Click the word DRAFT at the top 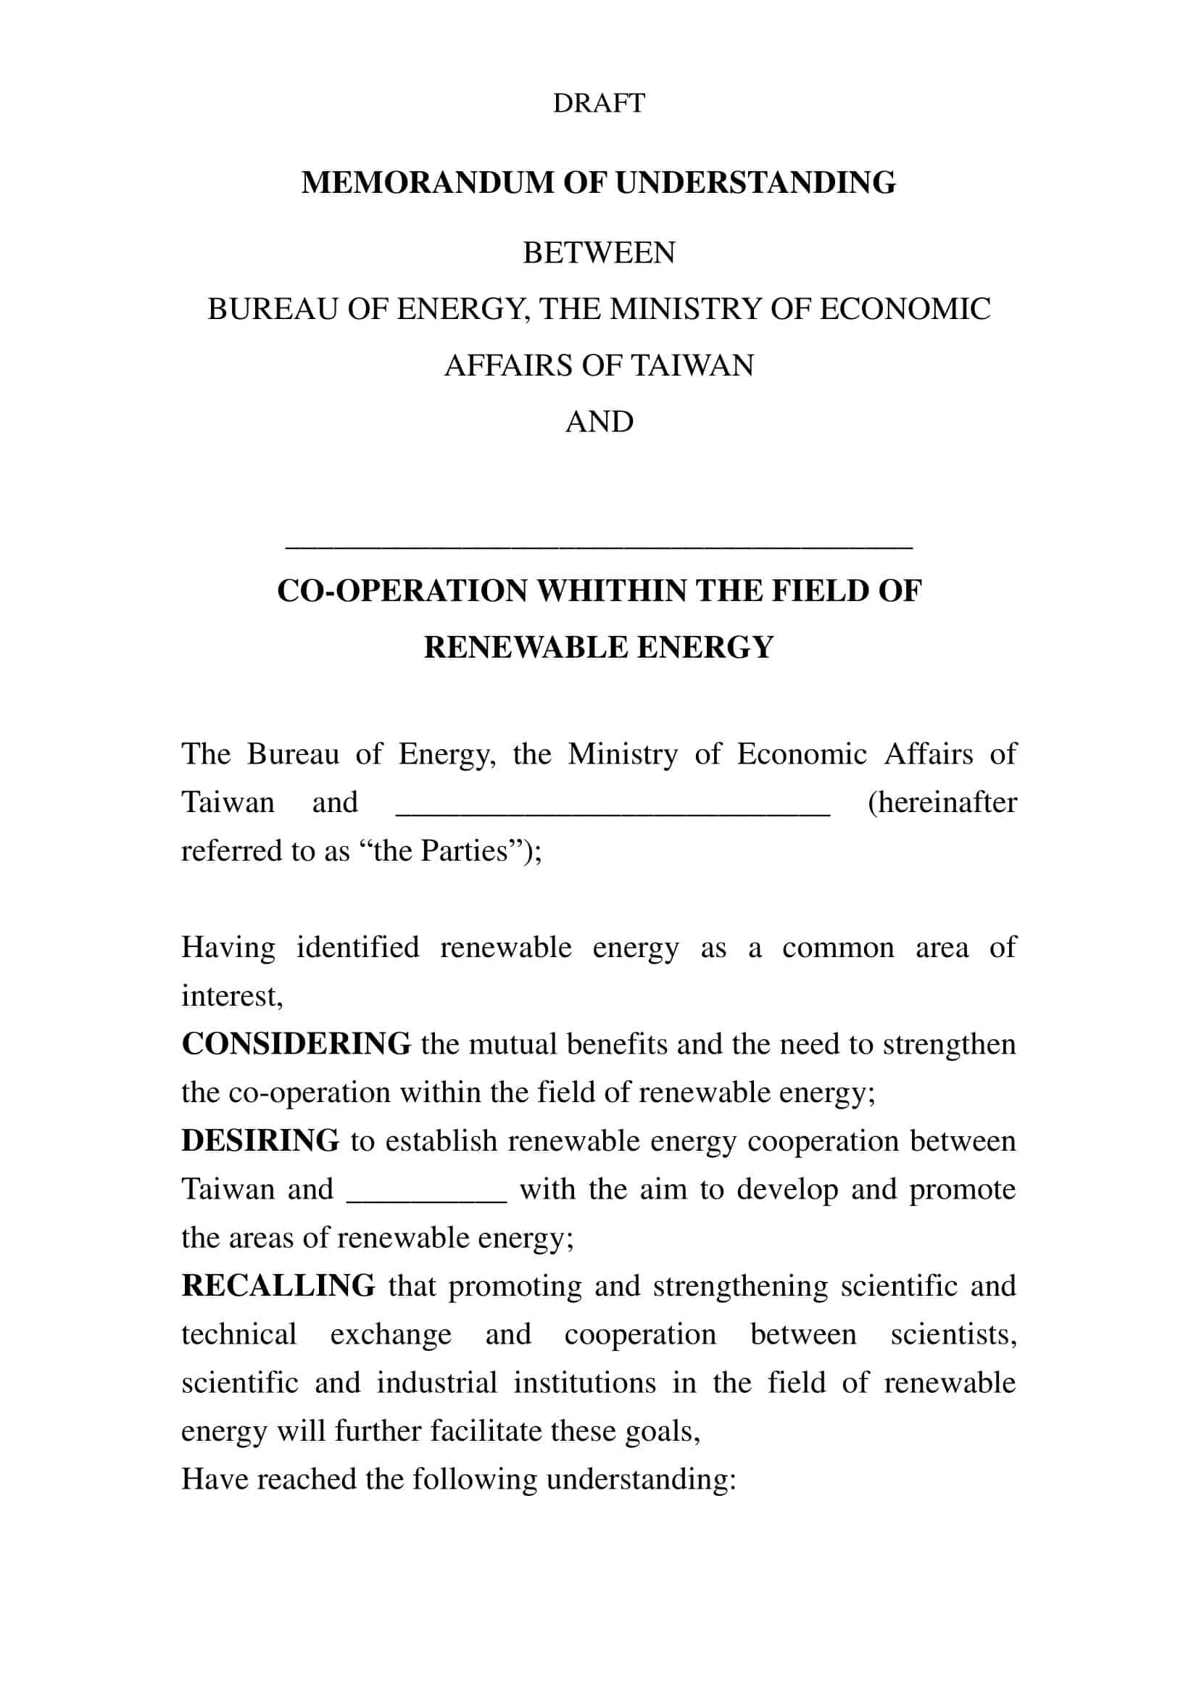[x=599, y=103]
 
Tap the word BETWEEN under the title [x=599, y=253]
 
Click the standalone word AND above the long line [x=599, y=423]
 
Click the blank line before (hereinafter [x=613, y=811]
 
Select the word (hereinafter [x=942, y=803]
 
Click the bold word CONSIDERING [x=296, y=1044]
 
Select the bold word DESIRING [x=260, y=1141]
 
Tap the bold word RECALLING [x=278, y=1286]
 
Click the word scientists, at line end [x=953, y=1335]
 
